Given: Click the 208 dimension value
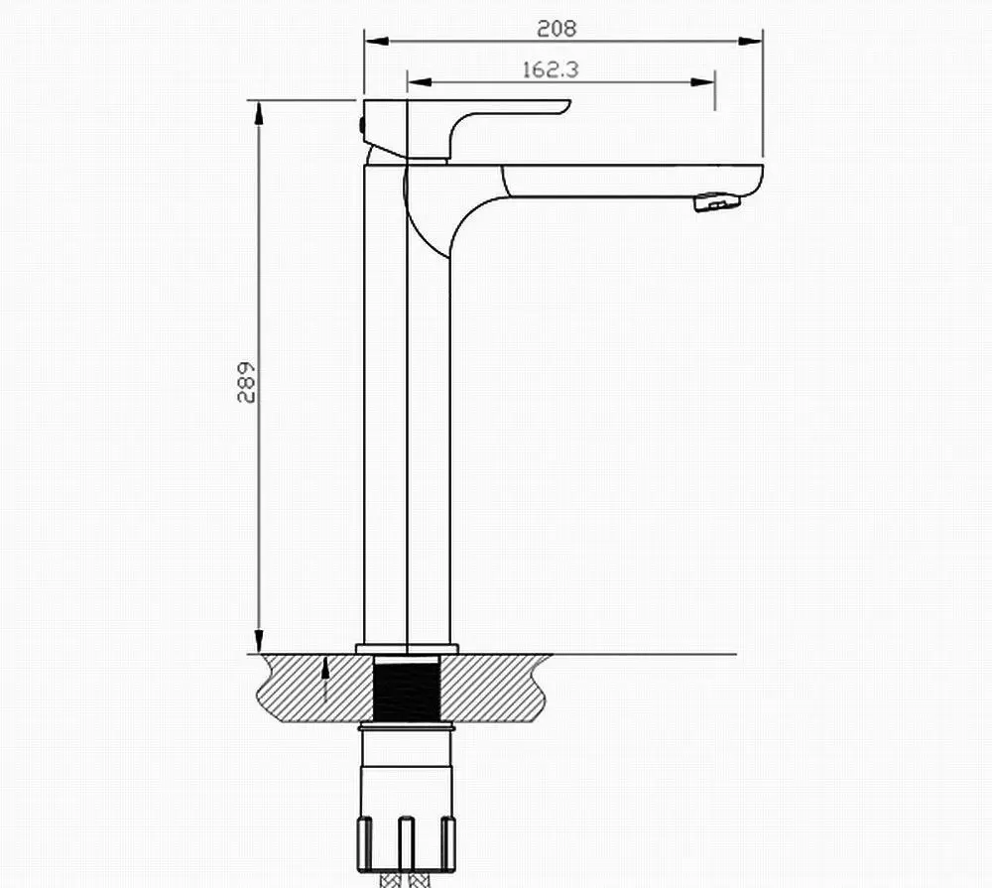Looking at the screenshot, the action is pyautogui.click(x=557, y=29).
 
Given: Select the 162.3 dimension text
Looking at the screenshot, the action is pyautogui.click(x=550, y=69).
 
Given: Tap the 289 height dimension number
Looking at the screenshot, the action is pyautogui.click(x=247, y=380).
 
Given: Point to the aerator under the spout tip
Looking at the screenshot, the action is pyautogui.click(x=718, y=202).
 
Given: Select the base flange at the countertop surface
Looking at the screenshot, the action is pyautogui.click(x=408, y=649).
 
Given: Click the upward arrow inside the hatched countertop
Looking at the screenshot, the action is pyautogui.click(x=326, y=680).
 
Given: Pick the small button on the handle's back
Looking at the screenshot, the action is pyautogui.click(x=360, y=126).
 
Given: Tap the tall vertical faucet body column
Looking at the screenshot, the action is pyautogui.click(x=408, y=417).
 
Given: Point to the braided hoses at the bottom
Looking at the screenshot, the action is pyautogui.click(x=408, y=878).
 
